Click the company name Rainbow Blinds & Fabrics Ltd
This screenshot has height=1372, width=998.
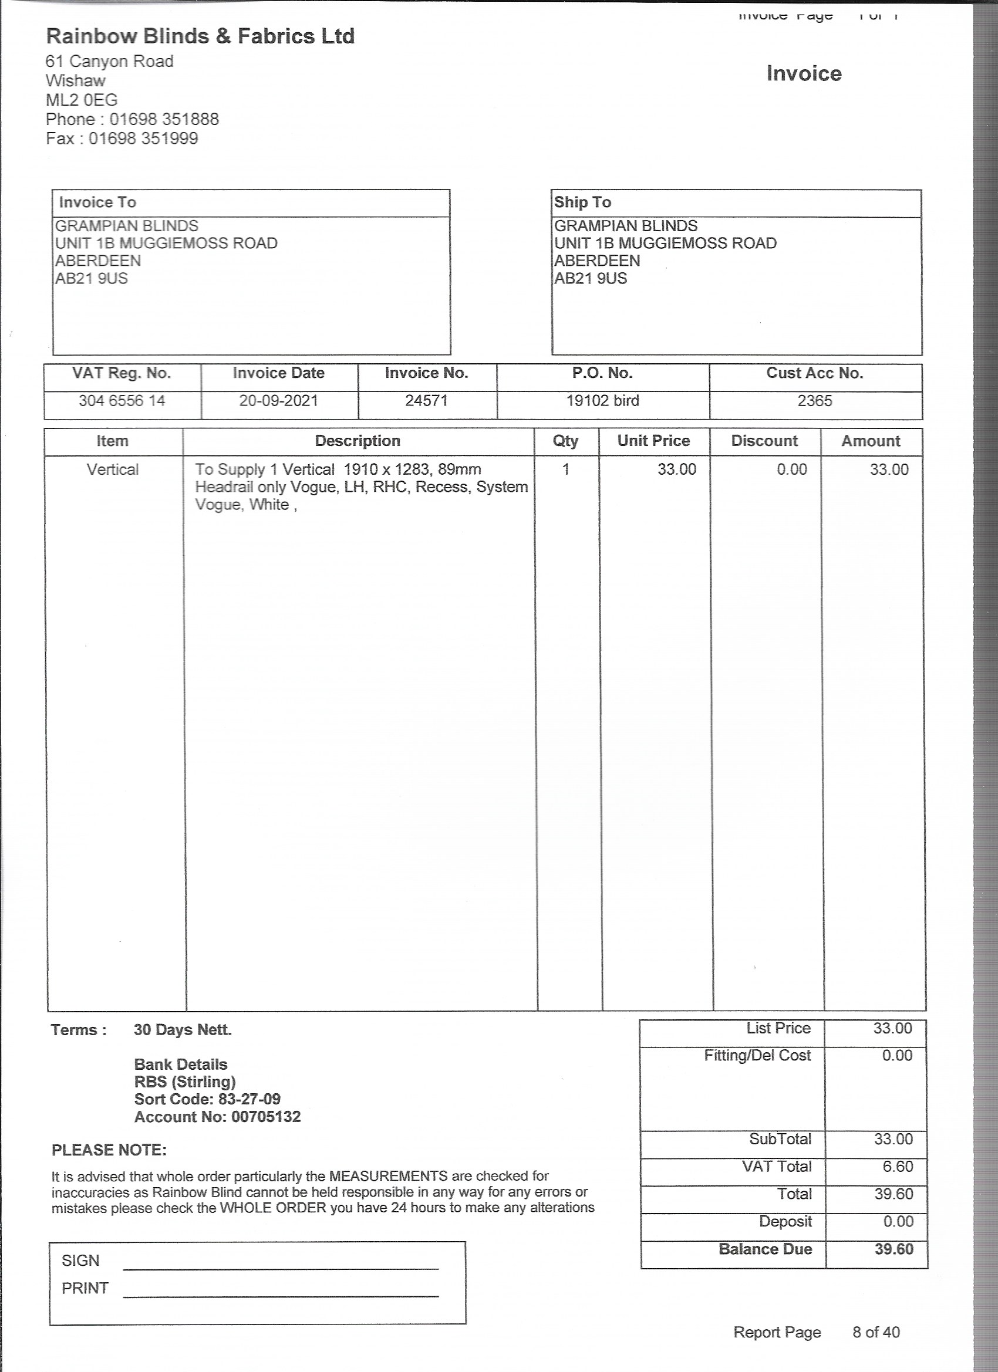coord(200,36)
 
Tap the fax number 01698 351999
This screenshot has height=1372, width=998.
coord(143,138)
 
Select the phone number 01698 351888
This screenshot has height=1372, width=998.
coord(164,119)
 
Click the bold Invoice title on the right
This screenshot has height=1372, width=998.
coord(804,74)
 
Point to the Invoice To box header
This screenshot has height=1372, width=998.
coord(97,202)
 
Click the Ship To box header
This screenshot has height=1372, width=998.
coord(582,202)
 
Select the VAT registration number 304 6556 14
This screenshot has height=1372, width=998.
coord(122,400)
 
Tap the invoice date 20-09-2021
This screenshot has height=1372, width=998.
coord(278,400)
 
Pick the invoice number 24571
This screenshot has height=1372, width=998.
coord(426,400)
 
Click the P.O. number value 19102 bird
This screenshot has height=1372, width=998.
coord(602,400)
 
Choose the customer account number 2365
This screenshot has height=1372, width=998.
coord(815,400)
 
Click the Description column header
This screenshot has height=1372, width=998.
coord(358,441)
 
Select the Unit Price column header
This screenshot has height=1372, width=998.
coord(653,441)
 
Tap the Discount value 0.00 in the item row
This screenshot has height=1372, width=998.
coord(791,469)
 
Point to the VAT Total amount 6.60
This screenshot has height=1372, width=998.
coord(897,1167)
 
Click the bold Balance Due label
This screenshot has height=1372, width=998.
coord(765,1249)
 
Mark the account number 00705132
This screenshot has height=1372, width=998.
coord(266,1117)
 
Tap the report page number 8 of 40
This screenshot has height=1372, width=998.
coord(876,1332)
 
